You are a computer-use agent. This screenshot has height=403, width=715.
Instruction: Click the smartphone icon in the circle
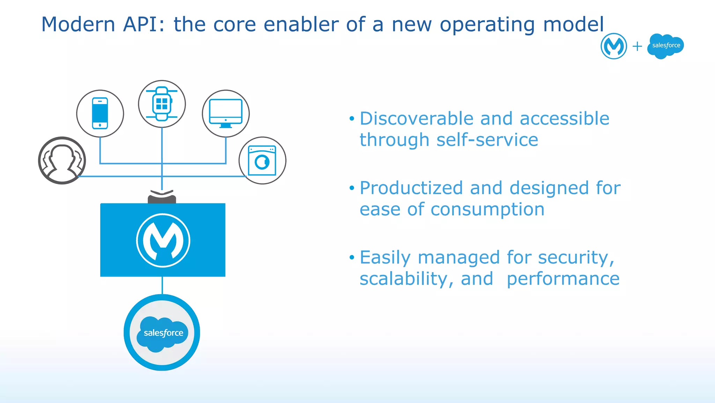[100, 114]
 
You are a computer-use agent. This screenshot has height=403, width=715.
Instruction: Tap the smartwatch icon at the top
[162, 104]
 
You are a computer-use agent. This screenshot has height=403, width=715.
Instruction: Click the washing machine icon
[262, 160]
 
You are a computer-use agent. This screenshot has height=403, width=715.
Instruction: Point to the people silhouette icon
[62, 160]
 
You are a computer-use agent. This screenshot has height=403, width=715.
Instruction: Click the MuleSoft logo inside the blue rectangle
[163, 240]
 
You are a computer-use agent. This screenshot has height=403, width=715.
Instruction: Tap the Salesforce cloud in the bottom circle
[162, 333]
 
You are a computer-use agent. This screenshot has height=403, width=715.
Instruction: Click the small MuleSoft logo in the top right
[613, 46]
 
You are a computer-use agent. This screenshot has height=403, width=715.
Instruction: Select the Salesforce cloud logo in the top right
[665, 46]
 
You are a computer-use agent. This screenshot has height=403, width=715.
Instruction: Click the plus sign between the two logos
[637, 46]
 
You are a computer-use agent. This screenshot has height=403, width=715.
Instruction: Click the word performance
[563, 279]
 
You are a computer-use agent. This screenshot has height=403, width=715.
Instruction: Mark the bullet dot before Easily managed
[352, 258]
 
